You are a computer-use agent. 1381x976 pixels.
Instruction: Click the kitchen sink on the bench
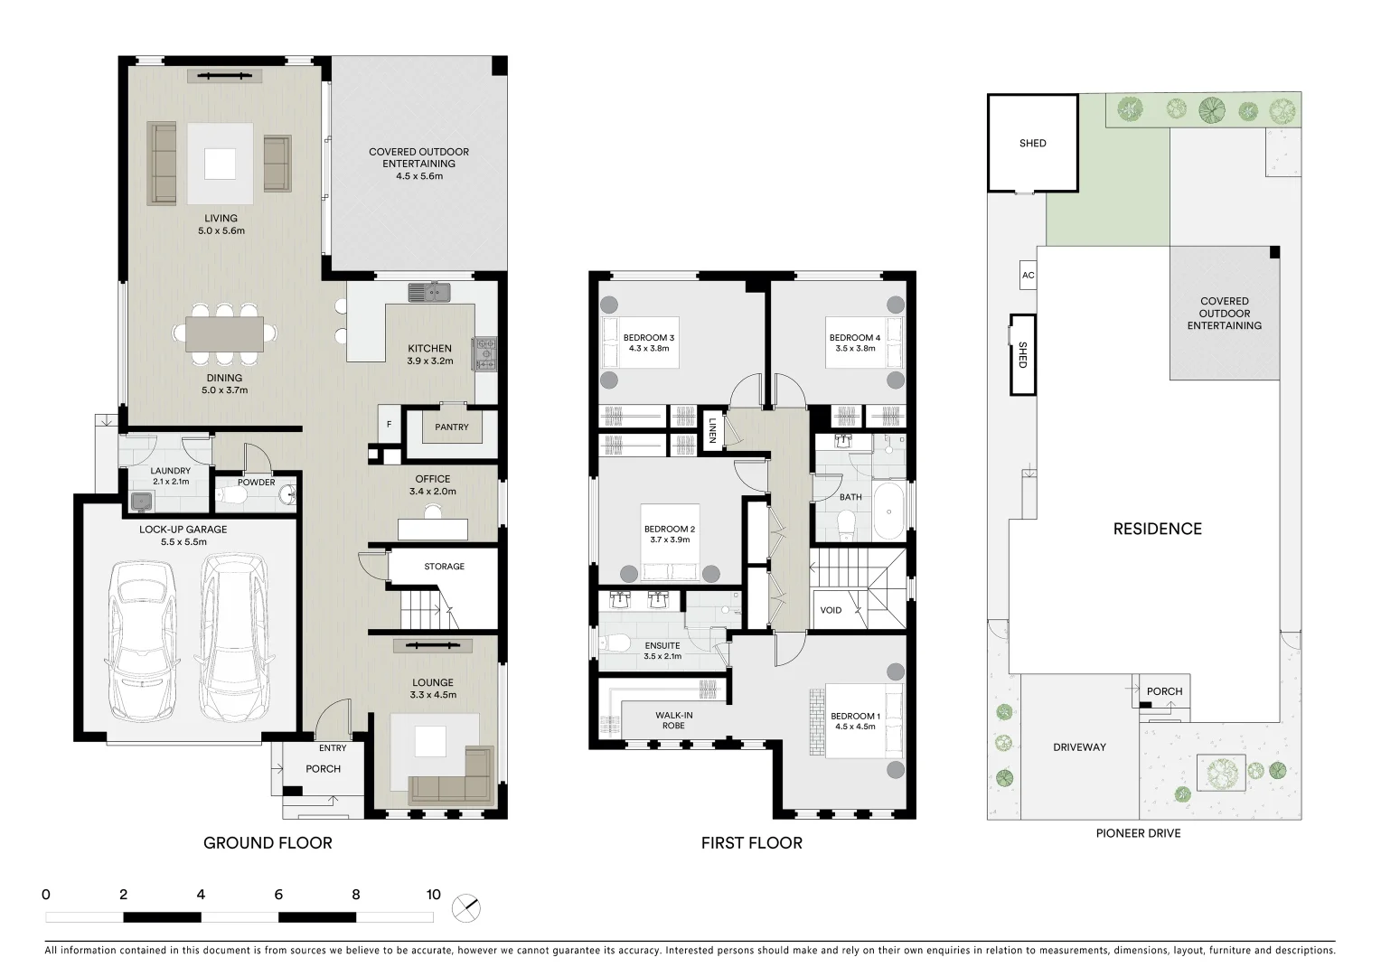[x=429, y=292]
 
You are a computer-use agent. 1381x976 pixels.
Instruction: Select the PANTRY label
[x=451, y=427]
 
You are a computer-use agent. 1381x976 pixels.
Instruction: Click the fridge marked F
[x=389, y=424]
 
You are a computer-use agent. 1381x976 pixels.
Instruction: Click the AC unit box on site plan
[x=1028, y=276]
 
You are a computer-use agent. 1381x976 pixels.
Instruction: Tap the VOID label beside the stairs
[x=831, y=610]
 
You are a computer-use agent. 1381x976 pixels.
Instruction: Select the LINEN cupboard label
[x=713, y=429]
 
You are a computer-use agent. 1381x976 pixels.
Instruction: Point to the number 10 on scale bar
[x=433, y=895]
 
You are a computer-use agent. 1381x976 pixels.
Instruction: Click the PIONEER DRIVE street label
[x=1138, y=833]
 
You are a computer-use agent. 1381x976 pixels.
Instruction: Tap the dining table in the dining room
[x=224, y=333]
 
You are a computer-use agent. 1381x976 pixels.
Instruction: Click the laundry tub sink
[x=140, y=501]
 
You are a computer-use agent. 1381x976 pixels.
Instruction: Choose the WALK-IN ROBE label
[x=673, y=720]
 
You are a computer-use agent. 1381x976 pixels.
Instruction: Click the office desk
[x=434, y=528]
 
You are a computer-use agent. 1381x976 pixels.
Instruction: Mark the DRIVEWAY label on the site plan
[x=1079, y=747]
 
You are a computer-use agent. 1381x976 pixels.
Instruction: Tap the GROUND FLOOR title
[x=268, y=843]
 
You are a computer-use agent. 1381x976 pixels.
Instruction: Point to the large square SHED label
[x=1032, y=143]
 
